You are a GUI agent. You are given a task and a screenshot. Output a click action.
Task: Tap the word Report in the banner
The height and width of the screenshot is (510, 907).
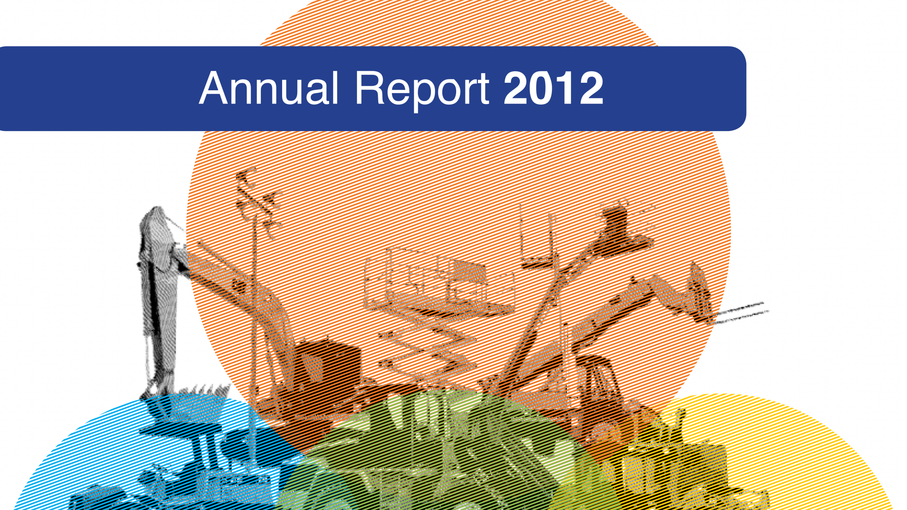(422, 91)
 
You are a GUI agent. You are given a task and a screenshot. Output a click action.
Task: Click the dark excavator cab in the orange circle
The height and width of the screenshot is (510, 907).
(323, 363)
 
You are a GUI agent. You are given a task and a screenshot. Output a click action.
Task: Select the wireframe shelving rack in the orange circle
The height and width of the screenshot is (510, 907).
(438, 283)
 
